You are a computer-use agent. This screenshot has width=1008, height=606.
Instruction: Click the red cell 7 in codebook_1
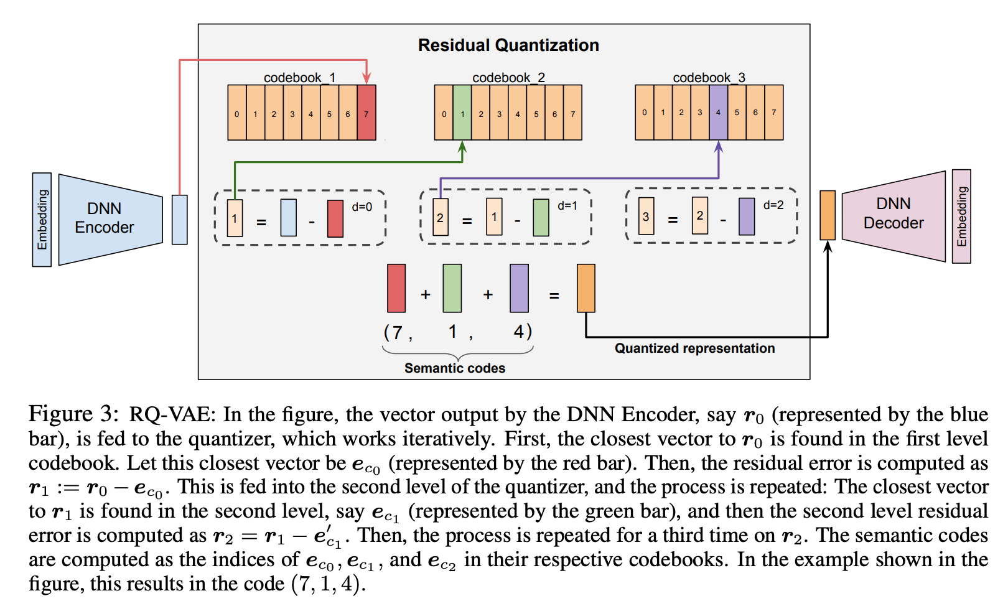point(366,113)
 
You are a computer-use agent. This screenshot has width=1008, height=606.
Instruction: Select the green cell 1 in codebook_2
point(462,113)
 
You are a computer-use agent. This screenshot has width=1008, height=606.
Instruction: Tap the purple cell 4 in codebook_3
point(718,113)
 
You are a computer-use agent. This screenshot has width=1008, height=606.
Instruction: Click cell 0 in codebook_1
point(236,113)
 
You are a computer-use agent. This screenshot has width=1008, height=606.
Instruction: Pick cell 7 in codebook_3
point(774,113)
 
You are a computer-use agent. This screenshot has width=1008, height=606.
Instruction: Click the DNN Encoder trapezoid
point(111,220)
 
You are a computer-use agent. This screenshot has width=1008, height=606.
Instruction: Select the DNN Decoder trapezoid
point(894,216)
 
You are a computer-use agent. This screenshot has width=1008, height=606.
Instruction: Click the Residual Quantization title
point(508,45)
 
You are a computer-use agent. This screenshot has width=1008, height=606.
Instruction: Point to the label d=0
point(362,207)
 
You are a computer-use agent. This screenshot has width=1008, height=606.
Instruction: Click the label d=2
point(773,205)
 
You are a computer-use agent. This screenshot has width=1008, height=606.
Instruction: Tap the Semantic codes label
point(455,368)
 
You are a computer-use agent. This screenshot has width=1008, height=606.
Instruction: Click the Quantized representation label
point(695,348)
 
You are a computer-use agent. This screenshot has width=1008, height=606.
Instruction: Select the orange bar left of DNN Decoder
point(828,215)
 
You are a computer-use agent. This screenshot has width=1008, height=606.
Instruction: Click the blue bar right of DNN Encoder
point(180,220)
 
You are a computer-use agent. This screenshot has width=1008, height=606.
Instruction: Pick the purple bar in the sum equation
point(520,288)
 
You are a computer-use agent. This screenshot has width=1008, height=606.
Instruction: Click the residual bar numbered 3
point(646,216)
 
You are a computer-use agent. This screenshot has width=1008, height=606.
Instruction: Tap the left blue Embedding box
point(42,220)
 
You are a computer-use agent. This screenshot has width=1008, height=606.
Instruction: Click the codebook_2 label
point(508,78)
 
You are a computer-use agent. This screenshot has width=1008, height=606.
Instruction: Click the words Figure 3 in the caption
point(73,414)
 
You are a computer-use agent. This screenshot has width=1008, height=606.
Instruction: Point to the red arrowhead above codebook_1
point(366,79)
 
